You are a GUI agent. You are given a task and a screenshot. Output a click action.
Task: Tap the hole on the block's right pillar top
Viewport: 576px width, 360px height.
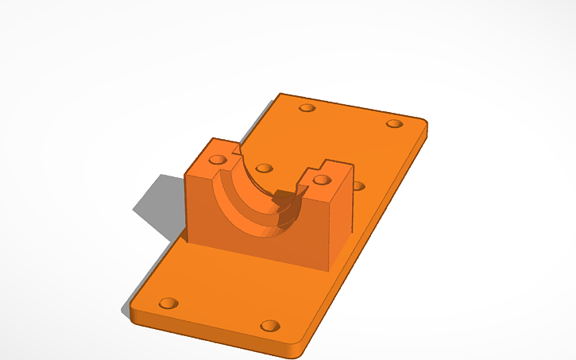(322, 180)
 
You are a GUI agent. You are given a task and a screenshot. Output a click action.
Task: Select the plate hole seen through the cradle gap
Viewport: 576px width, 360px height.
(265, 168)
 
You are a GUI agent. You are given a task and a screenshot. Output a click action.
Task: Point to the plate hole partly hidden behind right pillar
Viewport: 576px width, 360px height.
(358, 186)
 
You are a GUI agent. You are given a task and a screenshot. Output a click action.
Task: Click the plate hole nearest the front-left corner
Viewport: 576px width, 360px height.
(168, 304)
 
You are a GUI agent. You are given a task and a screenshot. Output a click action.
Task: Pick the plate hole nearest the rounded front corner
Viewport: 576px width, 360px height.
(270, 326)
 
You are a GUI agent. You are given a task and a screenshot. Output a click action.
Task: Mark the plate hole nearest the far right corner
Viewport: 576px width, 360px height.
(394, 124)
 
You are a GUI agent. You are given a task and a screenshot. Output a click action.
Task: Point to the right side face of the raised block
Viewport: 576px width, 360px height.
(340, 226)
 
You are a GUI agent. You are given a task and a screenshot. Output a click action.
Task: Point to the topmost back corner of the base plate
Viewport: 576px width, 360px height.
(280, 95)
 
